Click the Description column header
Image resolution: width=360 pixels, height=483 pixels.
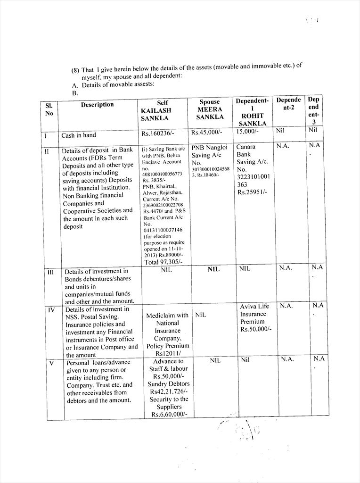[x=97, y=105]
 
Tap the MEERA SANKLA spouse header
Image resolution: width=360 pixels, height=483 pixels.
[x=210, y=113]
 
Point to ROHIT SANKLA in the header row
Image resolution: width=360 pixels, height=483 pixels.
[x=253, y=119]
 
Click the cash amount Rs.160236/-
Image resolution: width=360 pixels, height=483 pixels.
[x=158, y=133]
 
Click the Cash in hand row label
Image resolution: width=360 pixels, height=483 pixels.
[x=79, y=135]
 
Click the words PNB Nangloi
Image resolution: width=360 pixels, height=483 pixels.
[x=210, y=147]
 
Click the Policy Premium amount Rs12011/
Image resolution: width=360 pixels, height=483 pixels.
[x=167, y=353]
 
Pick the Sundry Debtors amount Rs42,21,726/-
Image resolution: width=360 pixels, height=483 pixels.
[x=169, y=391]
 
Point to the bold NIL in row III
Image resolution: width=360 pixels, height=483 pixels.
[x=213, y=269]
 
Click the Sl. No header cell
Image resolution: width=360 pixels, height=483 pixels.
[x=49, y=110]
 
